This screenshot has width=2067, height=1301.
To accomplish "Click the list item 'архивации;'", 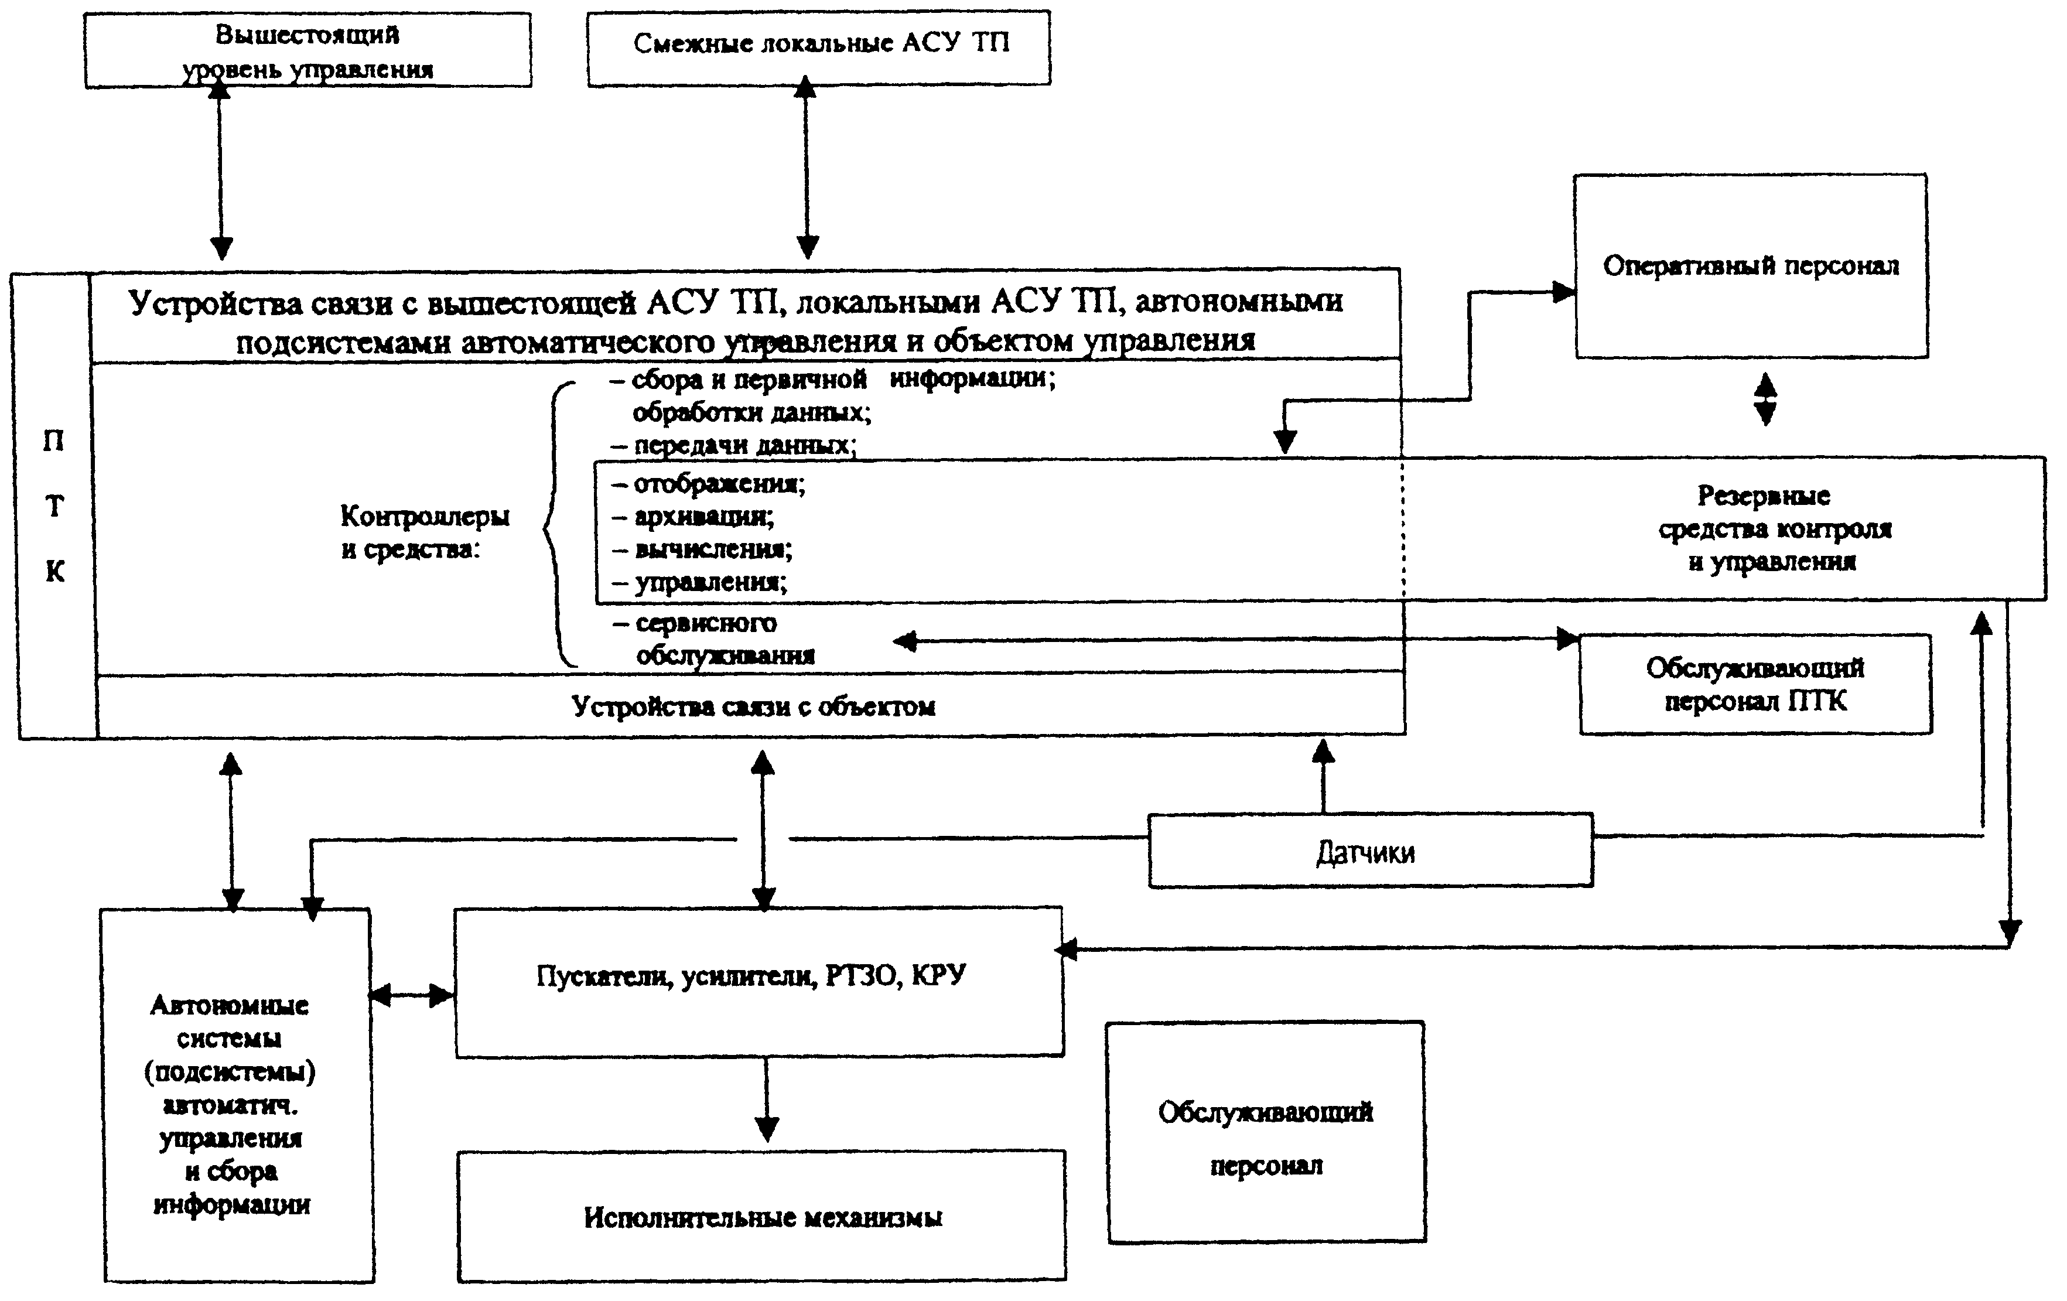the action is pyautogui.click(x=693, y=516).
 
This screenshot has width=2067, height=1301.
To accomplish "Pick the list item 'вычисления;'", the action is pyautogui.click(x=702, y=549).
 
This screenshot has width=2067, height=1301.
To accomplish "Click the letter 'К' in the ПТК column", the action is pyautogui.click(x=55, y=571).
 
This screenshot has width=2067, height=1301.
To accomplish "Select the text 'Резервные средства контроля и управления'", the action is pyautogui.click(x=1774, y=528).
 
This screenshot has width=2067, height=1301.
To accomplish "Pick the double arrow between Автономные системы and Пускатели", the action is pyautogui.click(x=412, y=995).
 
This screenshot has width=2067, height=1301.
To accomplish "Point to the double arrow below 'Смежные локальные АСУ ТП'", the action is pyautogui.click(x=806, y=166).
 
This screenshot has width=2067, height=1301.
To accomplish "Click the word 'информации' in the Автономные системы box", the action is pyautogui.click(x=232, y=1204).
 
